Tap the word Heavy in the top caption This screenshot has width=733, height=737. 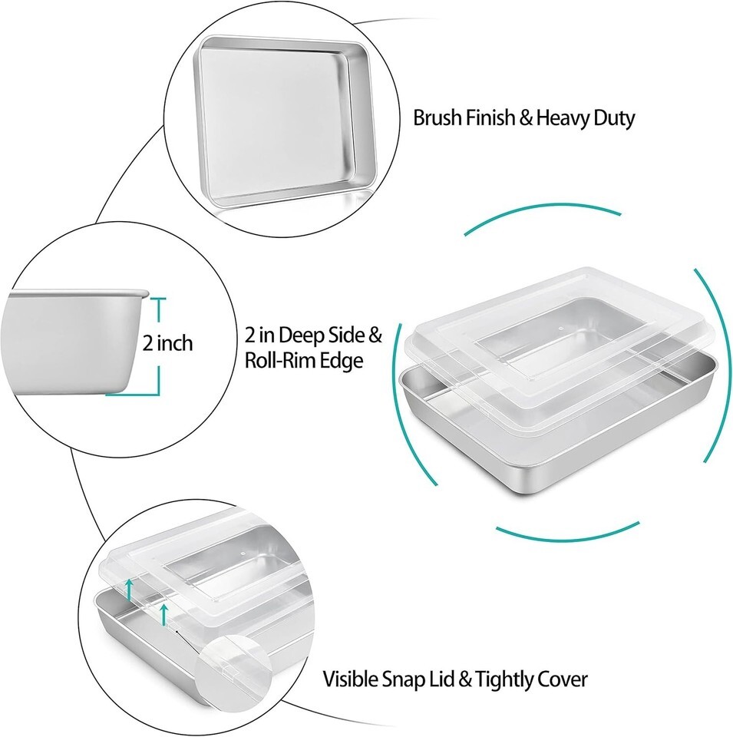click(x=562, y=117)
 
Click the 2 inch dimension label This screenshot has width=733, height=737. click(x=168, y=343)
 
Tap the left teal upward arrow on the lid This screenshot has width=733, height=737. click(x=129, y=590)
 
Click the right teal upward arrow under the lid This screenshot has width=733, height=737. click(x=163, y=615)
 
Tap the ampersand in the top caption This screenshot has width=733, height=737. click(x=525, y=118)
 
